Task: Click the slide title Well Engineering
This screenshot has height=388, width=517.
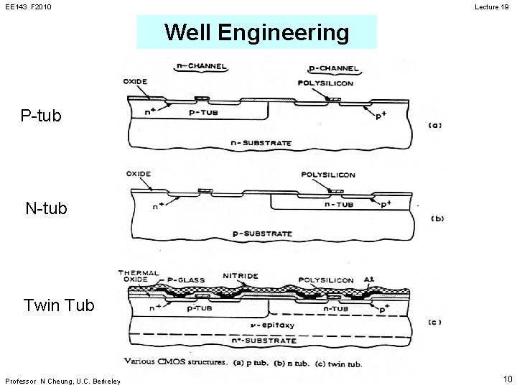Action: pos(256,32)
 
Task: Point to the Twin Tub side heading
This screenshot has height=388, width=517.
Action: pos(59,305)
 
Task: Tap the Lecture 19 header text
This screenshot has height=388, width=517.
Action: pos(492,6)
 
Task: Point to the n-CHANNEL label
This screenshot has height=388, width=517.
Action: pos(202,66)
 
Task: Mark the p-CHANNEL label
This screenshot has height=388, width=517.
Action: pos(334,68)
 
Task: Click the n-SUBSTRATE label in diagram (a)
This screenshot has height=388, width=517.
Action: pos(261,143)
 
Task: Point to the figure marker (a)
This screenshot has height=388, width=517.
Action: pos(434,125)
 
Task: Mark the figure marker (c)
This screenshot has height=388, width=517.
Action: pos(434,321)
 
